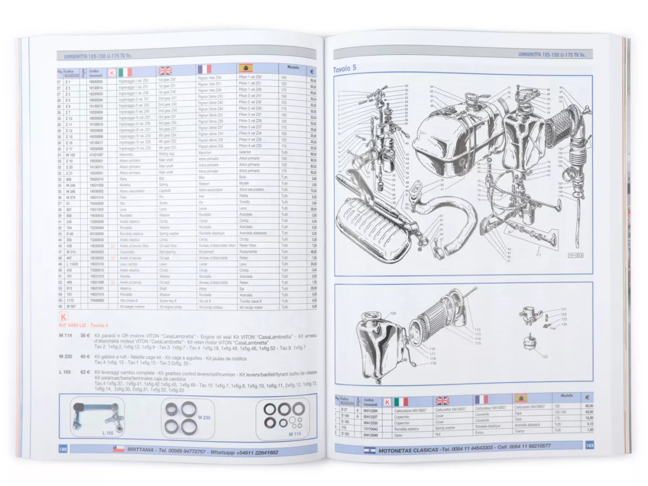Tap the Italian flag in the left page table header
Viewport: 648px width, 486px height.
tap(125, 72)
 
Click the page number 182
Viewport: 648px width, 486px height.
tap(63, 448)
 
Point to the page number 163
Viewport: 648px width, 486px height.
tap(589, 445)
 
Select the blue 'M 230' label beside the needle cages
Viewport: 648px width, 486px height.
tap(204, 417)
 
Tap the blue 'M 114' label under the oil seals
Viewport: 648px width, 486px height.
tap(294, 433)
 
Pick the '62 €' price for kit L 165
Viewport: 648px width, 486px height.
tap(85, 372)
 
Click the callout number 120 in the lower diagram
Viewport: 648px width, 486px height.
tap(393, 313)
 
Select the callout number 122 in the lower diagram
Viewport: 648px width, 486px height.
tap(545, 357)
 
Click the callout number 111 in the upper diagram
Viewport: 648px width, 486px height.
tap(537, 254)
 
